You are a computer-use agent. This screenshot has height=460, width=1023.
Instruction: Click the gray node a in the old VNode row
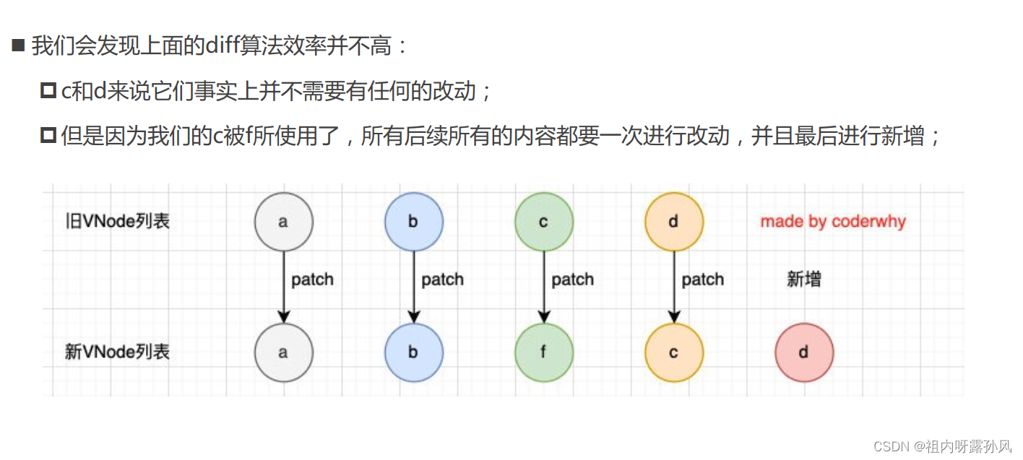283,222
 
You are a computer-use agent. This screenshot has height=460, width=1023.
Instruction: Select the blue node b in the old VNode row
413,222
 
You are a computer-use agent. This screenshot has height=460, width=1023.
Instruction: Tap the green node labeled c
543,222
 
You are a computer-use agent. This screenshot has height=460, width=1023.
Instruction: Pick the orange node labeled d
673,222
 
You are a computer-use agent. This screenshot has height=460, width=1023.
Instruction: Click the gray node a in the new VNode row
283,352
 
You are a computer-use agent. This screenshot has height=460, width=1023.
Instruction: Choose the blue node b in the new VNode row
413,352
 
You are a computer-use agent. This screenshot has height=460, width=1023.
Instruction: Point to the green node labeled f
543,352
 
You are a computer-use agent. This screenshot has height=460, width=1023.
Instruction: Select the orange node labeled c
673,352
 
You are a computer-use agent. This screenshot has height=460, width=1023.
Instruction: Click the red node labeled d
803,352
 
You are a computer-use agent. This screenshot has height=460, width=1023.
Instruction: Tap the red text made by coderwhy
832,222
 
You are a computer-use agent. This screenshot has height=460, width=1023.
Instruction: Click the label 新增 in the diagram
803,279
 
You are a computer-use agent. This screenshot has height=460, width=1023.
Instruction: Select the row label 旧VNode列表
117,221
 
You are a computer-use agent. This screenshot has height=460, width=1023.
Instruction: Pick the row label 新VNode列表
117,352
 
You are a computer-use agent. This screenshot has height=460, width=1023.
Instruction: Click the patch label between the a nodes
312,279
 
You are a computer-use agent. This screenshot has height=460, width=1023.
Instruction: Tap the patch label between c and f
572,279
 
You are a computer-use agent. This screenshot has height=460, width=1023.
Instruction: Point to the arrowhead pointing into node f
543,317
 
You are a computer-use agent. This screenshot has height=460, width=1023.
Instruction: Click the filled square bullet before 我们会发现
18,47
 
